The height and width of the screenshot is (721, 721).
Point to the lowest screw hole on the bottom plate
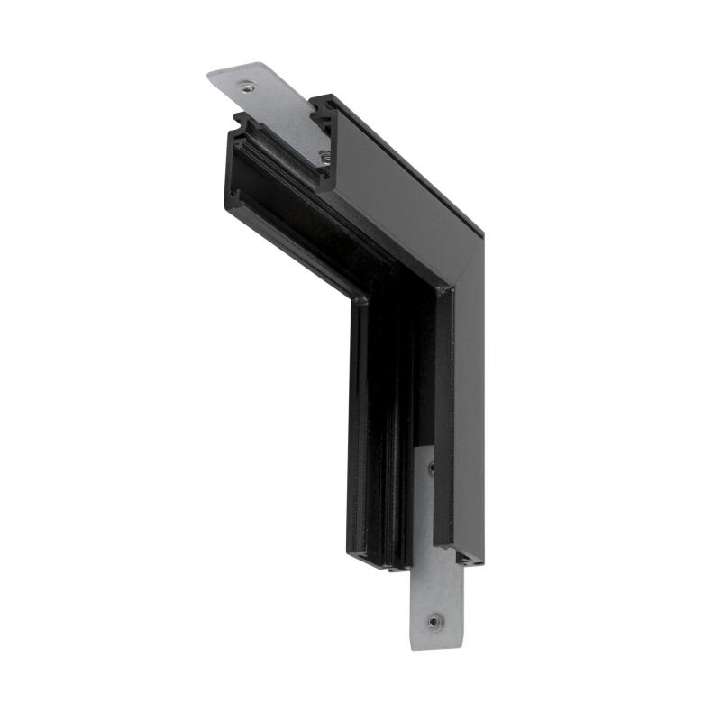coord(435,621)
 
